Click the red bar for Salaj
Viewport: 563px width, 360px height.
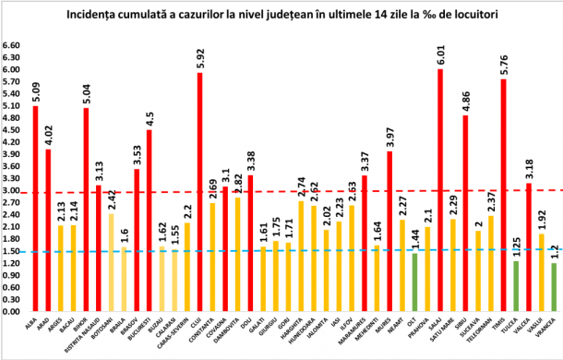(x=439, y=190)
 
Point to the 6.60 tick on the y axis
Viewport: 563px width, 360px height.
(x=12, y=45)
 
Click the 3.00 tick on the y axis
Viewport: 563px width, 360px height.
(x=12, y=191)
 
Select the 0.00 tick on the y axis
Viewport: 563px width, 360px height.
(x=12, y=312)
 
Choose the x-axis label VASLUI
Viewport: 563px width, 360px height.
(x=540, y=327)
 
